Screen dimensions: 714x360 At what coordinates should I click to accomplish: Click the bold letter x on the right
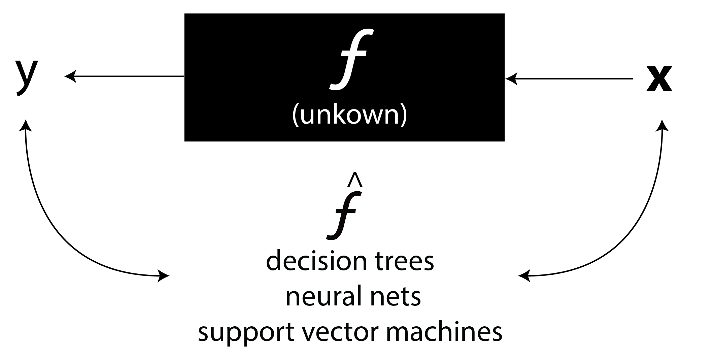point(659,79)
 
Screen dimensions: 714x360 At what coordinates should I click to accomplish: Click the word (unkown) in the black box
point(349,115)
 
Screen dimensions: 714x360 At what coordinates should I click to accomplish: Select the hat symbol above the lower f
point(355,180)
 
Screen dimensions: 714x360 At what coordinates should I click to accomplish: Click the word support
point(244,333)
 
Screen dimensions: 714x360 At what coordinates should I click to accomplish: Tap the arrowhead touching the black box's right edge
point(511,79)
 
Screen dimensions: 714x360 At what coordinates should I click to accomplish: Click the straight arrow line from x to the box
point(569,79)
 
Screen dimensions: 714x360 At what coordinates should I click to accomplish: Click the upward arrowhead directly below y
point(26,125)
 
